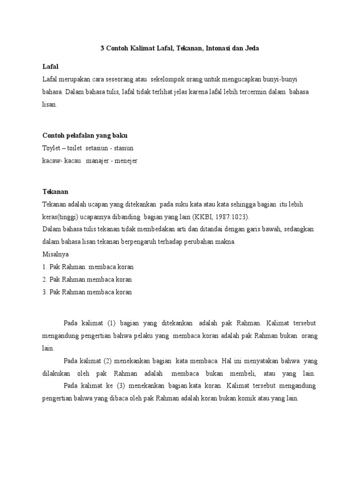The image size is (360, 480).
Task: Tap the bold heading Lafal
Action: [x=50, y=67]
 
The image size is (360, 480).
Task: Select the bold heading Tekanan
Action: [x=55, y=192]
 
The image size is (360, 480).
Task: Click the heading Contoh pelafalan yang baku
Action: [x=85, y=135]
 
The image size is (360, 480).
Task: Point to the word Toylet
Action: [x=51, y=148]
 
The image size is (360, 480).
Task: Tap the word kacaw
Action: [x=51, y=161]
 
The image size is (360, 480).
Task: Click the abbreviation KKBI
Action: [x=202, y=217]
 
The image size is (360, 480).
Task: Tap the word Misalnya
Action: [x=55, y=255]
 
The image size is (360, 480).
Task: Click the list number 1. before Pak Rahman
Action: [x=45, y=267]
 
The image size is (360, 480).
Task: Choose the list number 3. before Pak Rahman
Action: [x=45, y=292]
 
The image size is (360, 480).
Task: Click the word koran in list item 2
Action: [x=124, y=280]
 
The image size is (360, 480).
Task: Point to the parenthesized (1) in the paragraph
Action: [x=111, y=323]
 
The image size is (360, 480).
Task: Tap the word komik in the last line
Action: [x=253, y=398]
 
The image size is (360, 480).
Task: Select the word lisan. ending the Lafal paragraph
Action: [x=50, y=105]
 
